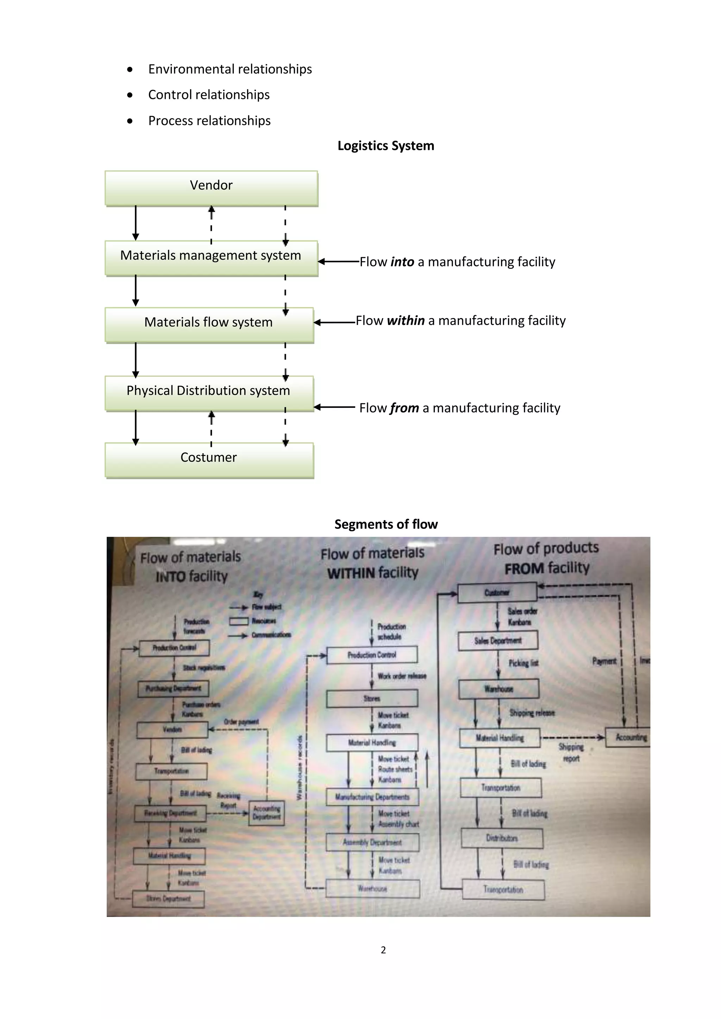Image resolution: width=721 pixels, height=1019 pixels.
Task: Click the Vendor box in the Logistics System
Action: pos(211,188)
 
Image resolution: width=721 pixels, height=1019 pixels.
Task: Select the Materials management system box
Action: pos(211,258)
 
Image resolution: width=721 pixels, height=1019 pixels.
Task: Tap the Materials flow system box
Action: pos(209,324)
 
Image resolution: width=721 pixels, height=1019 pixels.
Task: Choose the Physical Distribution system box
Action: pos(209,392)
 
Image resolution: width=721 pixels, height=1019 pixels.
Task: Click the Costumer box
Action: pos(209,459)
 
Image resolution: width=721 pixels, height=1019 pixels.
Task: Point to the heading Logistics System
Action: pos(386,146)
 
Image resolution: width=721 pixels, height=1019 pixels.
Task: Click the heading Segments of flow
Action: pos(386,524)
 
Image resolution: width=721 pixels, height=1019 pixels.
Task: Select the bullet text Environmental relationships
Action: pos(230,69)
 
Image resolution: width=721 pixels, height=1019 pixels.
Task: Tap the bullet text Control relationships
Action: pos(209,95)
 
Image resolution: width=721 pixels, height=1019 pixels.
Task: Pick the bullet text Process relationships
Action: pos(209,121)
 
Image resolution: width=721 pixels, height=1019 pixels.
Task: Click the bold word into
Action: pos(402,262)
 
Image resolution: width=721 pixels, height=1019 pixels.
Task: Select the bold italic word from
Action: pos(405,408)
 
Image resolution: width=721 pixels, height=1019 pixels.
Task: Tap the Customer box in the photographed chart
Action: pos(497,593)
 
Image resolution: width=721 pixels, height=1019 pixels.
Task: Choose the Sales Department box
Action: pos(498,641)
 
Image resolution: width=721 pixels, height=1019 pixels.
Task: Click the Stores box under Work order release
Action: pos(372,698)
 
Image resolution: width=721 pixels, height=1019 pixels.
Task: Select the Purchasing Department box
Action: pos(173,688)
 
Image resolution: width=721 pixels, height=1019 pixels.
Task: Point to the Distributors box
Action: pos(502,838)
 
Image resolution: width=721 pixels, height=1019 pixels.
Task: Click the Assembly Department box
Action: pos(372,842)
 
